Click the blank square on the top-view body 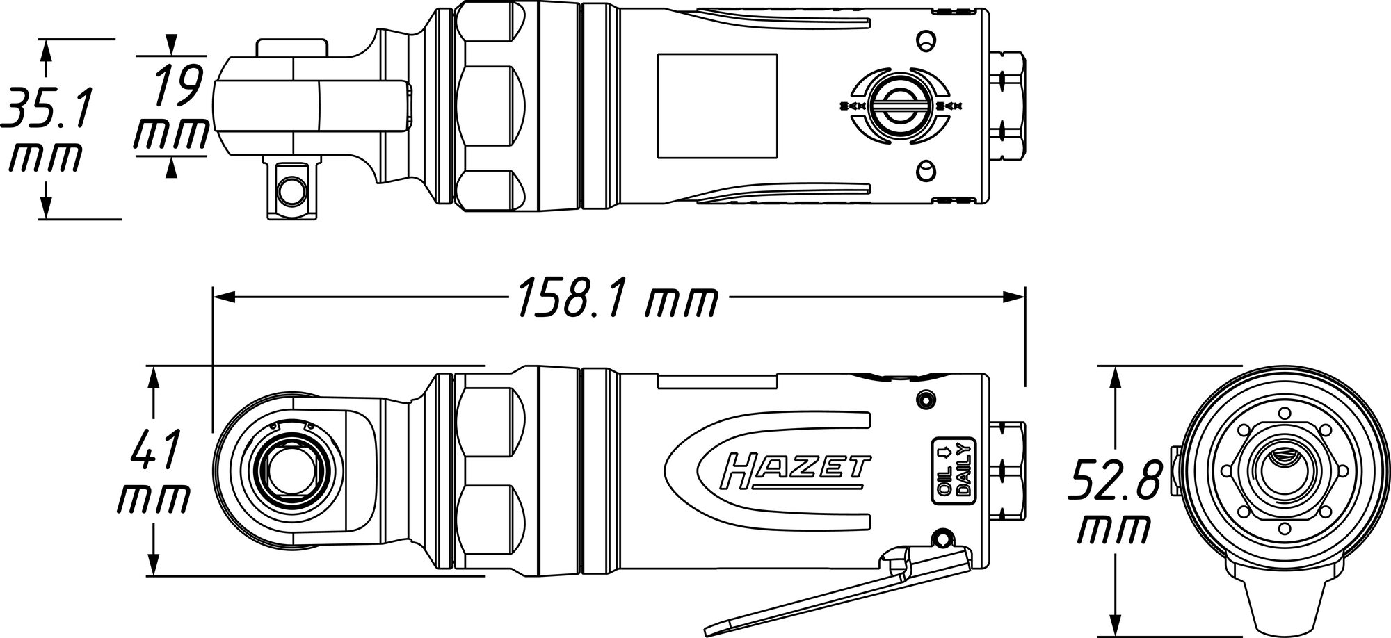(717, 106)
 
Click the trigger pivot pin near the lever (944, 539)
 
